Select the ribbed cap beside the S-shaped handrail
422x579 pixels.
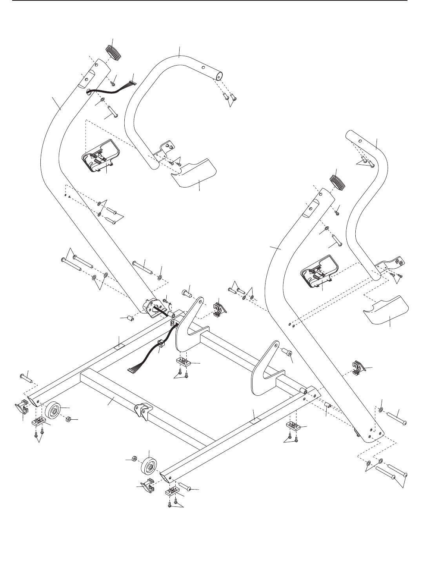point(336,183)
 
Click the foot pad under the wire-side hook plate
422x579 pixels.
point(182,361)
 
